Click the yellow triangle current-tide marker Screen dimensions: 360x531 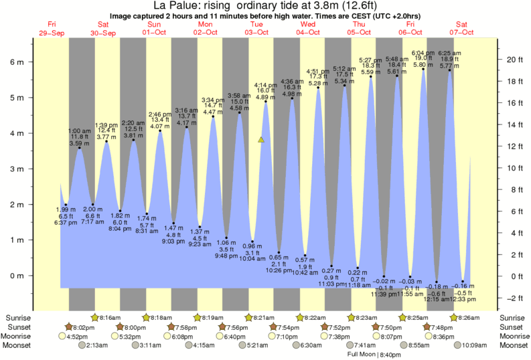(262, 140)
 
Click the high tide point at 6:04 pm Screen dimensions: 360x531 (423, 69)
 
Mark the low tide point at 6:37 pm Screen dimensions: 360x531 (66, 205)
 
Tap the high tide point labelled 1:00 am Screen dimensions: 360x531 (79, 148)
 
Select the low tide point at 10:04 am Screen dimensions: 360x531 (252, 242)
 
